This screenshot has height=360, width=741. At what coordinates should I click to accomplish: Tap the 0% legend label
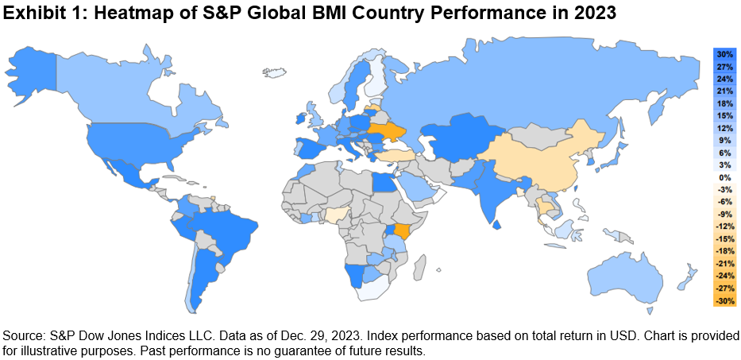pyautogui.click(x=724, y=177)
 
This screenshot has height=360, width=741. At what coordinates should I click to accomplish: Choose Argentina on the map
pyautogui.click(x=203, y=282)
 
